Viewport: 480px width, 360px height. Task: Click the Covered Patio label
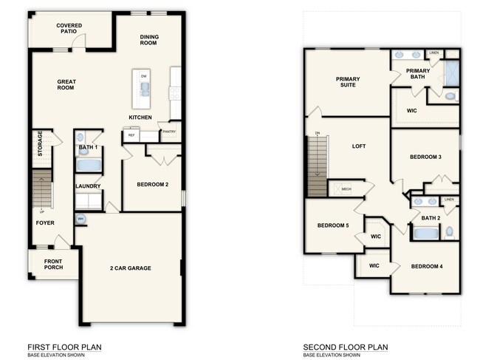pos(69,30)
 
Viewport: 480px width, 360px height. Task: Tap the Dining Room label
pos(149,39)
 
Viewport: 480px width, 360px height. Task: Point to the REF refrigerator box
pos(131,135)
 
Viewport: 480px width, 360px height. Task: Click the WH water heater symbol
pos(80,220)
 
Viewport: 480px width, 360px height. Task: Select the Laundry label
pos(88,186)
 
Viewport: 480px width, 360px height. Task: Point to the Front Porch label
pos(52,264)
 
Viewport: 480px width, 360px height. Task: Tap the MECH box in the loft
pos(344,189)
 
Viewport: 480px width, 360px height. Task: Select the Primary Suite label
pos(346,82)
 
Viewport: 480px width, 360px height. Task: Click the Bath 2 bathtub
pos(425,234)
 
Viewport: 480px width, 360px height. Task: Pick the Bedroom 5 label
pos(332,225)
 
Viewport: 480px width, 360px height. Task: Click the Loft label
pos(359,146)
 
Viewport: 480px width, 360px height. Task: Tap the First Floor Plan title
pos(64,347)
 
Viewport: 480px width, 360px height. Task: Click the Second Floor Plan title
pos(346,347)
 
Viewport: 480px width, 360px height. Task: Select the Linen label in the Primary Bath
pos(433,53)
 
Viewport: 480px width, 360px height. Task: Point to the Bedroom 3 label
pos(425,157)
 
